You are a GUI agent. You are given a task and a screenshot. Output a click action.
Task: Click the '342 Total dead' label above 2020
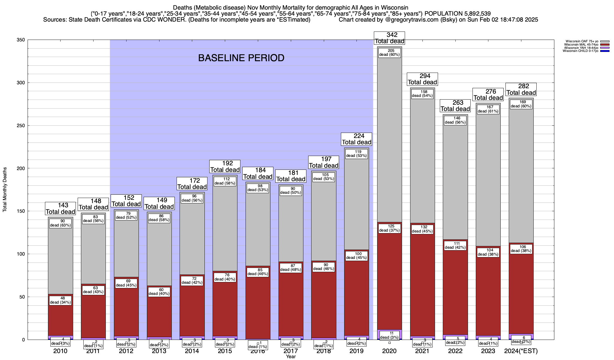point(389,38)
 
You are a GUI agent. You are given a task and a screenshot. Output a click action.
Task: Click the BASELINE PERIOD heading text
point(241,58)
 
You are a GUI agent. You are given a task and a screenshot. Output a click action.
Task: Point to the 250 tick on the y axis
point(22,126)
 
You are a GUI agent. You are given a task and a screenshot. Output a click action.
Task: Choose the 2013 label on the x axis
point(159,351)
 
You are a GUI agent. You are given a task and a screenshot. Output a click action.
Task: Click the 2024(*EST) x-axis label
point(521,351)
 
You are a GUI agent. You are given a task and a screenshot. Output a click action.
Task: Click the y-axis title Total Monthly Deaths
point(5,190)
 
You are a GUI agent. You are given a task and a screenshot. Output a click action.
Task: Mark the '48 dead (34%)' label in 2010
point(61,300)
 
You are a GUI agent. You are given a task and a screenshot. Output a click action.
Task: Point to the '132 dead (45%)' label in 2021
point(422,229)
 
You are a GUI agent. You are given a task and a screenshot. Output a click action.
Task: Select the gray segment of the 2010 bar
point(61,258)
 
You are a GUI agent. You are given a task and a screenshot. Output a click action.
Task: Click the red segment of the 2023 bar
point(488,294)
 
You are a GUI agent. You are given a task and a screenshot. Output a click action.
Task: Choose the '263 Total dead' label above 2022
point(455,106)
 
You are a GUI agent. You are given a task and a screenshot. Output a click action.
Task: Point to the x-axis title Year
point(291,357)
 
